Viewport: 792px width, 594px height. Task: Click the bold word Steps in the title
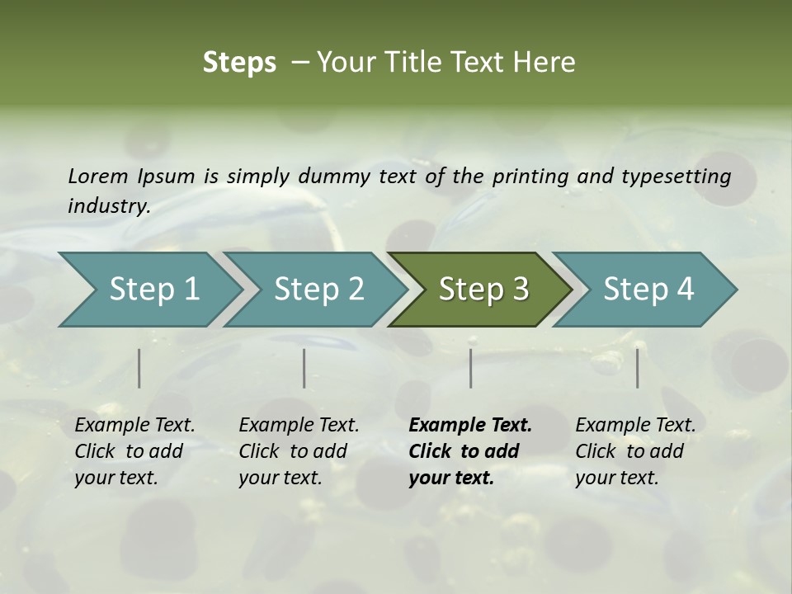point(239,63)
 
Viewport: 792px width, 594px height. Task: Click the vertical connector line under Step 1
point(139,368)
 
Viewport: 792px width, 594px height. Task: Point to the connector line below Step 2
point(304,368)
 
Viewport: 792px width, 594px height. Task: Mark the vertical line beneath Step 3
point(471,368)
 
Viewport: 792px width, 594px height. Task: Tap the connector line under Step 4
point(638,368)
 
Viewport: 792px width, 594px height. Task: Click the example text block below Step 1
point(134,451)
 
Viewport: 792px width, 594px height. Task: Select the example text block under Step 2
point(299,451)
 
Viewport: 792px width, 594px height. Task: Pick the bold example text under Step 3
point(470,451)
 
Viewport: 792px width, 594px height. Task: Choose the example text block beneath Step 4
point(635,451)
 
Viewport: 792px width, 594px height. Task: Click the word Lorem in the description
point(98,176)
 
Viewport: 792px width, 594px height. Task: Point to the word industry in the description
point(108,205)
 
